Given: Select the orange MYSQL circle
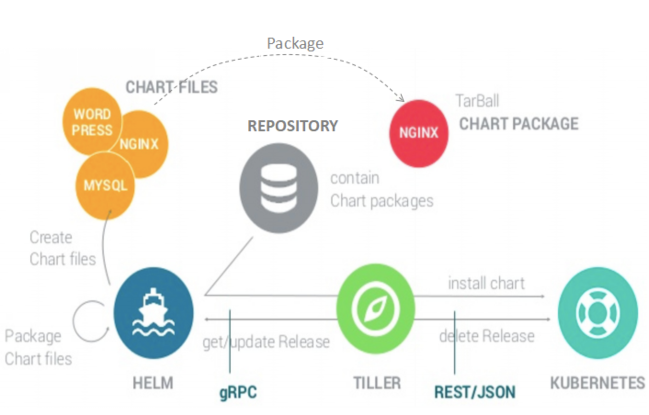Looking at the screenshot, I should (x=105, y=185).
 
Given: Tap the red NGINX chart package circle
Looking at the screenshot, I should (x=418, y=133).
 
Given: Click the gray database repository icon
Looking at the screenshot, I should (x=279, y=188).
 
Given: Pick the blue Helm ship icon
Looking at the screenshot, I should (x=153, y=313).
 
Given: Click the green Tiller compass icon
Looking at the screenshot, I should (x=376, y=308).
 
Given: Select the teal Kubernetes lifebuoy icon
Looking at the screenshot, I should (x=598, y=314).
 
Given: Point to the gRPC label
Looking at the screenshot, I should (x=238, y=393).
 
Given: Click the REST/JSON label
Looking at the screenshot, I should (x=475, y=393).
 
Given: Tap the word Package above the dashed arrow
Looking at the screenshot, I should (x=295, y=43).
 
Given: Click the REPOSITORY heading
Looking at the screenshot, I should (x=293, y=126).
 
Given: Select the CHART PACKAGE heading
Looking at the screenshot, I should (x=519, y=124).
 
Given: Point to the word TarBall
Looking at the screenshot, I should (x=477, y=101).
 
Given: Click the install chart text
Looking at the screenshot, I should (x=486, y=283).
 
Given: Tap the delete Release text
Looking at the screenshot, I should (x=487, y=336).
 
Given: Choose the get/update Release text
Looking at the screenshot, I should (x=266, y=342).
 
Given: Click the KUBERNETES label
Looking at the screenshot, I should (x=597, y=383).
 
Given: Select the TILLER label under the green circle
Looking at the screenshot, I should (x=377, y=383).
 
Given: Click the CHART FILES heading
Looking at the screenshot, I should (x=171, y=87).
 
